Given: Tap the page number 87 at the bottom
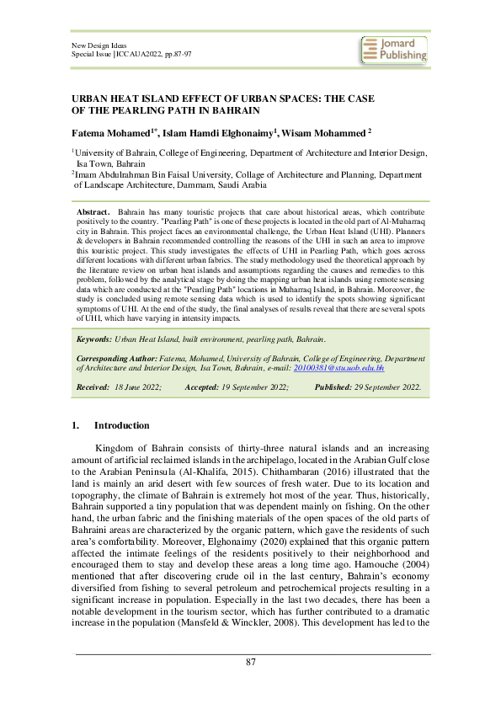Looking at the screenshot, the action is pos(250,662).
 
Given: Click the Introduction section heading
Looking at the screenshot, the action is pos(121,425).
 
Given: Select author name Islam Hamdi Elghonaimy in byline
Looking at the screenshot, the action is pos(221,133).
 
